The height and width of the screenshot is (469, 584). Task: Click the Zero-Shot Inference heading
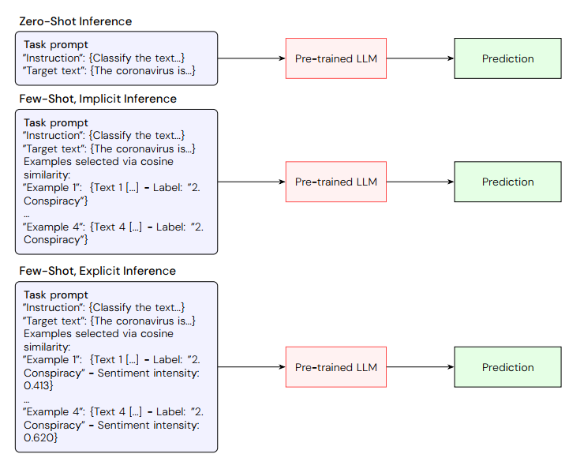[x=76, y=21]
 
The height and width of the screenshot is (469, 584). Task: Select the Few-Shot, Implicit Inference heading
[x=98, y=99]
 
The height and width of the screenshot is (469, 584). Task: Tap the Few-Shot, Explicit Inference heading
[x=98, y=271]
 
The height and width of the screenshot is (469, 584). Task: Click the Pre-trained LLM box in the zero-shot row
[x=336, y=58]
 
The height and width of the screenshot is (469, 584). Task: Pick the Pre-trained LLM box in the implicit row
[x=336, y=182]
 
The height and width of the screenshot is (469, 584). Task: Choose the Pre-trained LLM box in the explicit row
[x=336, y=367]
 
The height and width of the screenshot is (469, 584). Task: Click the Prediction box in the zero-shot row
[x=507, y=58]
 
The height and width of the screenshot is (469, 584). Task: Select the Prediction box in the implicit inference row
[x=507, y=182]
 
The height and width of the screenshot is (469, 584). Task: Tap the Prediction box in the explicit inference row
[x=507, y=367]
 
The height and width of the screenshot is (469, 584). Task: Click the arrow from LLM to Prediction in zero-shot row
[x=420, y=58]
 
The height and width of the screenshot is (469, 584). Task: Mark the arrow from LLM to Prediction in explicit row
[x=420, y=367]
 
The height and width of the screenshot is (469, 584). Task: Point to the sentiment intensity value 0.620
[x=39, y=437]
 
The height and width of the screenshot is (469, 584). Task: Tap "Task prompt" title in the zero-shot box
[x=56, y=45]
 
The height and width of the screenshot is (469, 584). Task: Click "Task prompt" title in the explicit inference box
[x=56, y=295]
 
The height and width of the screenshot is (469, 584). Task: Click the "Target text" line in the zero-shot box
[x=109, y=70]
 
